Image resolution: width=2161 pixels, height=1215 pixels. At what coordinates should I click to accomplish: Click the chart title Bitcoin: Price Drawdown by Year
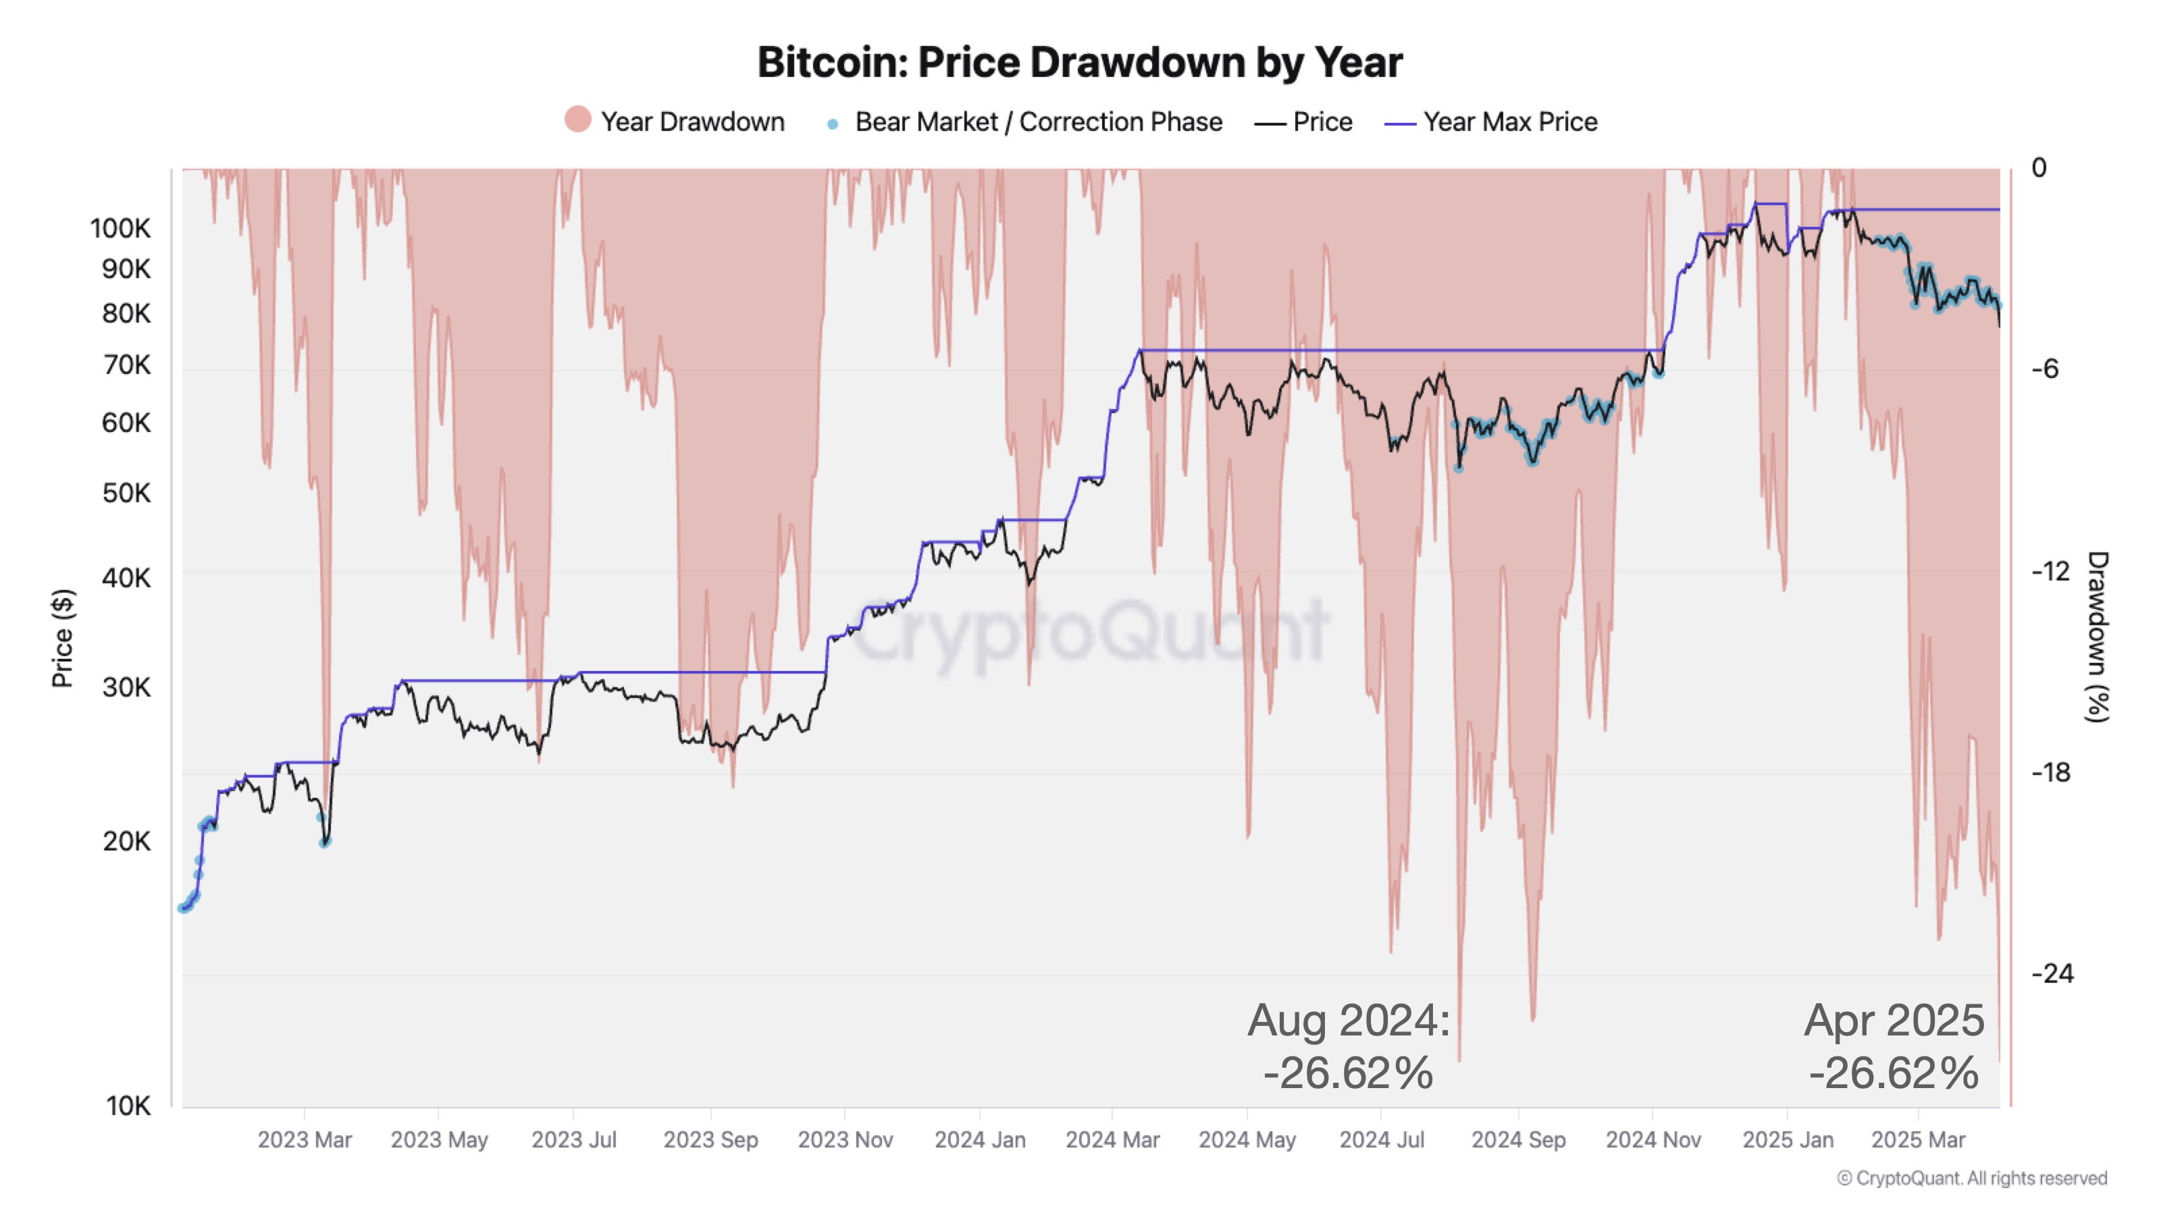tap(1080, 62)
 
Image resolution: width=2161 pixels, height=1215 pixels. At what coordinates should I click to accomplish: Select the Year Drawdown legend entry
tap(675, 122)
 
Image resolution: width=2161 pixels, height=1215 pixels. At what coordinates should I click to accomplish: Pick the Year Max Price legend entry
tap(1492, 122)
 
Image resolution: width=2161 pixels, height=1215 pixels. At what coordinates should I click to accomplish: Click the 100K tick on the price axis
tap(121, 228)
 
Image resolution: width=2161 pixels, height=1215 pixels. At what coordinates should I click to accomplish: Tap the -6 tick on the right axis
tap(2046, 369)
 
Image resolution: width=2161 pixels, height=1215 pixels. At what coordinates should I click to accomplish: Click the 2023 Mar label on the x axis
tap(305, 1139)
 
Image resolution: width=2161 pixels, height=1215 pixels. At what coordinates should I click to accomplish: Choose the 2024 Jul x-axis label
tap(1382, 1139)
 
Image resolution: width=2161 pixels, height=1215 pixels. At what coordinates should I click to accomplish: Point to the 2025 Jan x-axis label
tap(1788, 1139)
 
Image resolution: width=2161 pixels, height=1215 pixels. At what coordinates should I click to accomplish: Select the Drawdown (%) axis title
tap(2098, 637)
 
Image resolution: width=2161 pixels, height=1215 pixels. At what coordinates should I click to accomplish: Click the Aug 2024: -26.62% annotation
tap(1348, 1046)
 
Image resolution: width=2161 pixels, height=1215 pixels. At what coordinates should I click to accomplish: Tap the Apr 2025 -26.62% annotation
tap(1894, 1046)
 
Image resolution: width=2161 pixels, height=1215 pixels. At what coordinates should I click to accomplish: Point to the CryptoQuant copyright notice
tap(1971, 1178)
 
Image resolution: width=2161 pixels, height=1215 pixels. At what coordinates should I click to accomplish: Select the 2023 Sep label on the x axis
tap(710, 1139)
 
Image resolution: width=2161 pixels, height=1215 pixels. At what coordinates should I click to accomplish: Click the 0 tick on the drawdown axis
tap(2039, 167)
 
